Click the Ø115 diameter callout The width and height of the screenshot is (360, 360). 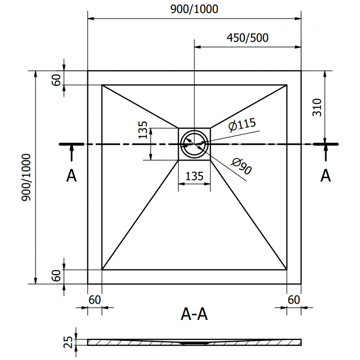coord(241,125)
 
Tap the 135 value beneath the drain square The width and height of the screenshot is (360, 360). coord(194,176)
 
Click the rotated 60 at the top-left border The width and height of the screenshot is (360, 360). coord(56,79)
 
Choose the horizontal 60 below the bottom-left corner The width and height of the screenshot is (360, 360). coord(94,299)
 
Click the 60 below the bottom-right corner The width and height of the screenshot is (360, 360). coord(293,299)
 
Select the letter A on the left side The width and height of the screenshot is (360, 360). coord(71,176)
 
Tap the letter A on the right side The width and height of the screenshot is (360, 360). coord(325,176)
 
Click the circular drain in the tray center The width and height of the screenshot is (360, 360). coord(194,144)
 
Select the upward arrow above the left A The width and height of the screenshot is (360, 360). coord(71,153)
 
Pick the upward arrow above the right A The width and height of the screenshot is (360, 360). coord(325,153)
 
